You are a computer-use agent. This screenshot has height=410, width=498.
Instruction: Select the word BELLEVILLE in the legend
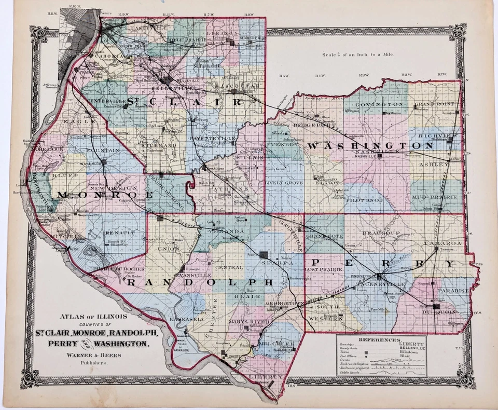[x=411, y=348]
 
